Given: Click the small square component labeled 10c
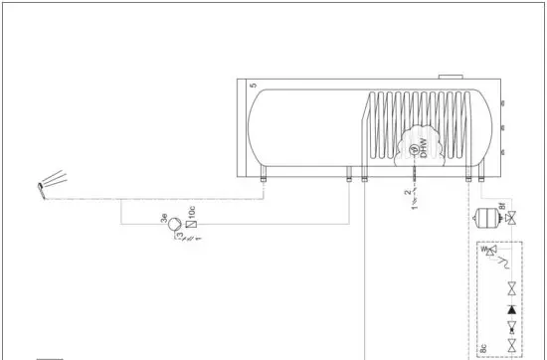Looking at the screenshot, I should pos(192,223).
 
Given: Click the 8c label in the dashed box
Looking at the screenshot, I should pos(482,347).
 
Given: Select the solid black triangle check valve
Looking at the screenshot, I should pos(511,308).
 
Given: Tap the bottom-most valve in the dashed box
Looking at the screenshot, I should pos(511,345).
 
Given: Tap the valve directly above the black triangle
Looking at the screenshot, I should pos(511,290).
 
